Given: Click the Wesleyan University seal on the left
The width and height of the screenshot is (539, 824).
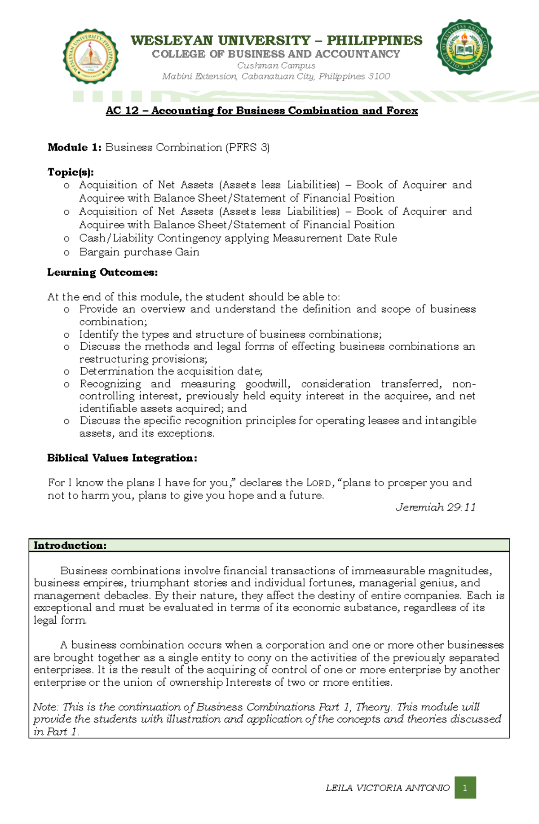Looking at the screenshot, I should coord(91,57).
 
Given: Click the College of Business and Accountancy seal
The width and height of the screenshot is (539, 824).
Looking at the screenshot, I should coord(464,47).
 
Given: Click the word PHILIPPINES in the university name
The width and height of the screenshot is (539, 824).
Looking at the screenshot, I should coord(374,40).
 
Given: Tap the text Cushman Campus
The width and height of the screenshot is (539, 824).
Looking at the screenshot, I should coord(276,66).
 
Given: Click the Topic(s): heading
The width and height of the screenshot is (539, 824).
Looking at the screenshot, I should coord(71,172).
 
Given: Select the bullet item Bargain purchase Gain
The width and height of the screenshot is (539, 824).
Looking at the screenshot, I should coord(139,252).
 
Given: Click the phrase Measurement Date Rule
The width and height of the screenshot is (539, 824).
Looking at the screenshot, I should coord(335,238).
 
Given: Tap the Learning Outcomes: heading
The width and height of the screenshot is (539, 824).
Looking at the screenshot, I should coord(102,273).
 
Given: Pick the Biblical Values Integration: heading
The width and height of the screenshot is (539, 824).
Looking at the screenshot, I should coord(122,458).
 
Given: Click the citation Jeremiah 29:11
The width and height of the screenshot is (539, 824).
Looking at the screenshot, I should coord(435,507).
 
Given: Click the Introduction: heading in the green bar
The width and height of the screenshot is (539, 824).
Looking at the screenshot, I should coord(70,546).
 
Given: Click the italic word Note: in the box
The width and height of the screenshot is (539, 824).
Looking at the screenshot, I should coord(46,707).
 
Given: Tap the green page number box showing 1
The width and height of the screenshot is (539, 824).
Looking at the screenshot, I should coord(465,788).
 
